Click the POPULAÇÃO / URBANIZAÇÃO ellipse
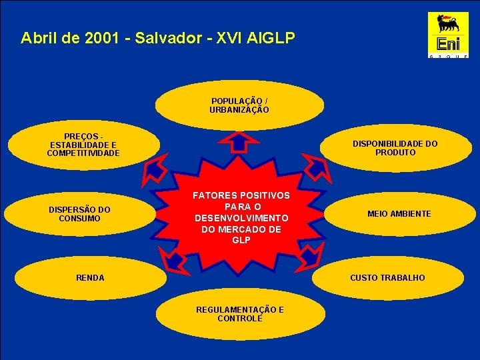click(240, 105)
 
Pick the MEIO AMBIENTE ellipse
click(399, 214)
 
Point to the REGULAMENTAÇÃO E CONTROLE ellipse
click(240, 314)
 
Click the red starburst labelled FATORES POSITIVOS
click(241, 217)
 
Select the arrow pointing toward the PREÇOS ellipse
click(155, 171)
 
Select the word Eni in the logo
click(448, 44)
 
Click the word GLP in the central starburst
click(241, 240)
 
